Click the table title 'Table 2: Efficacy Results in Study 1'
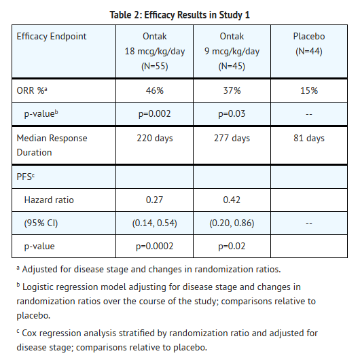179,15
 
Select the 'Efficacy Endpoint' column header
52,37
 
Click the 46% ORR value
154,90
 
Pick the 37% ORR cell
232,90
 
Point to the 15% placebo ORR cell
309,90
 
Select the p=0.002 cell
154,114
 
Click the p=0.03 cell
232,114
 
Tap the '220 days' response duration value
155,139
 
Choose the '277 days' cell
232,139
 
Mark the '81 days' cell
309,139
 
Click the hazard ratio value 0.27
154,200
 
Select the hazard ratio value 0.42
232,200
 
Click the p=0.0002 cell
154,247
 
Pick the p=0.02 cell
232,247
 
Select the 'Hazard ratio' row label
49,200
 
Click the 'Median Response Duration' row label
52,145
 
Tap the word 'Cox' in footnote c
29,333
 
